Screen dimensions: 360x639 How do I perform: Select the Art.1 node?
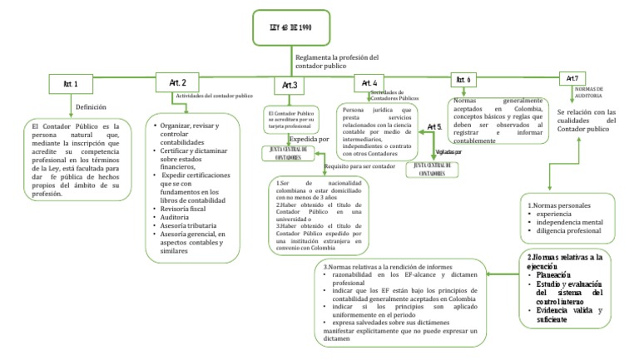[x=70, y=84]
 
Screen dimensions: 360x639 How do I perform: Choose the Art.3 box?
[x=289, y=85]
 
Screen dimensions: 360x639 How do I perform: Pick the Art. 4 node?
[x=369, y=83]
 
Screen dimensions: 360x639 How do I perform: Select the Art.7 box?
[x=572, y=78]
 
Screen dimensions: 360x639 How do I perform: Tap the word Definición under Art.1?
[x=92, y=107]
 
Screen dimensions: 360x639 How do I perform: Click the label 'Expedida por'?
[x=309, y=139]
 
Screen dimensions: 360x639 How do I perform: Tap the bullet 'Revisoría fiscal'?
[x=181, y=209]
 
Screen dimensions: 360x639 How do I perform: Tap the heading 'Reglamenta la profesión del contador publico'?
[x=336, y=62]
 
